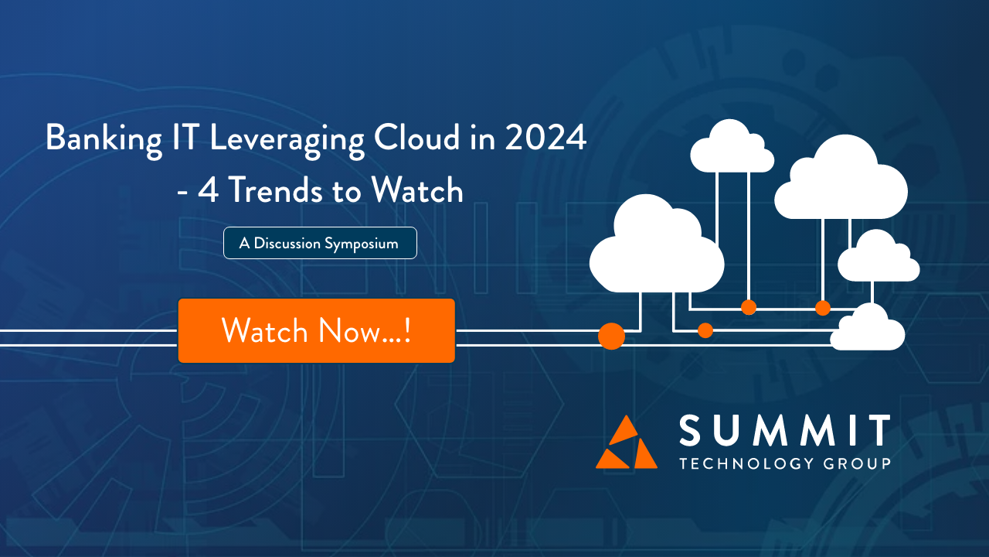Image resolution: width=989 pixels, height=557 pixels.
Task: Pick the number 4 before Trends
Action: tap(208, 190)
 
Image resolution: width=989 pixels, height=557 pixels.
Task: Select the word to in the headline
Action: tap(347, 191)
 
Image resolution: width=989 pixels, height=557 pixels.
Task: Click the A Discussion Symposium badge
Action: tap(320, 243)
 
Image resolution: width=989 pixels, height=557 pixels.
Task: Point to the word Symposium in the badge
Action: tap(361, 244)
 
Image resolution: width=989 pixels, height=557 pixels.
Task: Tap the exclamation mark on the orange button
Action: tap(406, 330)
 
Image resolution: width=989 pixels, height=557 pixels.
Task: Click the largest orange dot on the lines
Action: tap(611, 336)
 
